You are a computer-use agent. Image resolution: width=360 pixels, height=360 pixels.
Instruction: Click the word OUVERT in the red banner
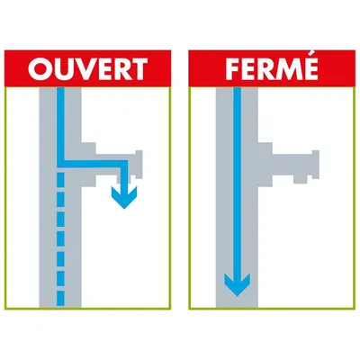(87, 68)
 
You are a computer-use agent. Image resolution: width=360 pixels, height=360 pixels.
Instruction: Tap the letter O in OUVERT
(40, 68)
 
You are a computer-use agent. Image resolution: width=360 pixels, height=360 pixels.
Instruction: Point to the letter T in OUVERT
(138, 68)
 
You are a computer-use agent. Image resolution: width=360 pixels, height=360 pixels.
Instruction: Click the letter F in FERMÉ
(233, 68)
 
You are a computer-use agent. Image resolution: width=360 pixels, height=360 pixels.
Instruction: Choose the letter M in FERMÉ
(287, 68)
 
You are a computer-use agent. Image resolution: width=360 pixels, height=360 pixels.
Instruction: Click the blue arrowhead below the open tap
(124, 197)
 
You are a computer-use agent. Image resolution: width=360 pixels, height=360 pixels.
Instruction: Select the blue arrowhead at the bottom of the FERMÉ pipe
(237, 284)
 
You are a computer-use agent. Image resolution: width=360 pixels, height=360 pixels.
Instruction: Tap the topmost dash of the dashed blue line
(60, 177)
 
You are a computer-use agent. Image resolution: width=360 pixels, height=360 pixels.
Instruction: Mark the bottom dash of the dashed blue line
(60, 298)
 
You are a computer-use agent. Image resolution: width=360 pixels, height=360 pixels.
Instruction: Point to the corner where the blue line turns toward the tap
(60, 164)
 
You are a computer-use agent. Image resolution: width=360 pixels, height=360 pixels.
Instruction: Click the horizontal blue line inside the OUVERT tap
(93, 164)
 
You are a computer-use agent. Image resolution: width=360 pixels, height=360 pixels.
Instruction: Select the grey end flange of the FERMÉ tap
(316, 165)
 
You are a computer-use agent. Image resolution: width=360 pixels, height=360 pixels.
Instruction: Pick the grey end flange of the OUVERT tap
(139, 165)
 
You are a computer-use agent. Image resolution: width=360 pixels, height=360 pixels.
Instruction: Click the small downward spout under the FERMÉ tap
(301, 179)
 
